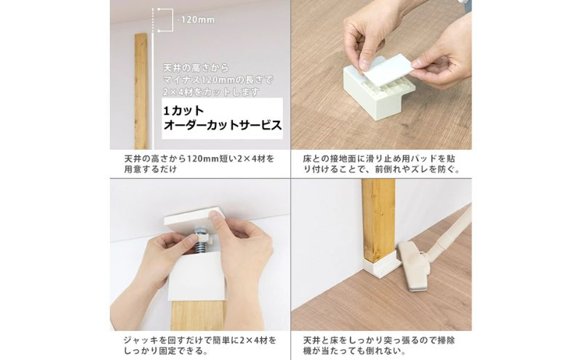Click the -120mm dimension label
tap(196, 20)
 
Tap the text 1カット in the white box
tap(184, 111)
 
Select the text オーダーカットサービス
tap(223, 125)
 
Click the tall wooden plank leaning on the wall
tap(141, 92)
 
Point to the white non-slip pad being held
tap(388, 67)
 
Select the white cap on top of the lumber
tap(196, 276)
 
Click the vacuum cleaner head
tap(414, 265)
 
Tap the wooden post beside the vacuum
tap(378, 220)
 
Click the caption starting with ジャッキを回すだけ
tap(199, 345)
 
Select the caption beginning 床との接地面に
tap(381, 164)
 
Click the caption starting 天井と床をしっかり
tap(379, 345)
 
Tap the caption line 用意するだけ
tap(151, 169)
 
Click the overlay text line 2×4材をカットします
tap(211, 92)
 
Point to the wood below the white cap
tap(197, 316)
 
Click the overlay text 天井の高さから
tap(196, 68)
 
